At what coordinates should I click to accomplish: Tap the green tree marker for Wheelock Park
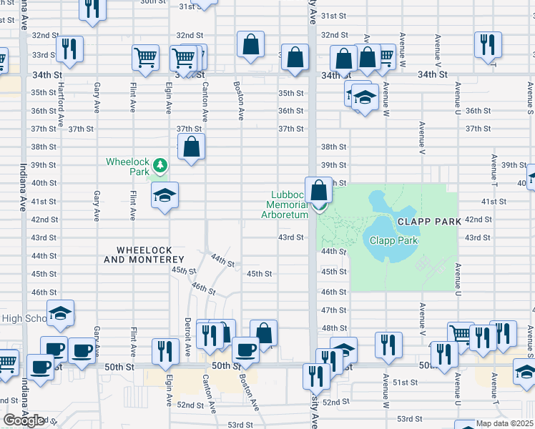click(162, 166)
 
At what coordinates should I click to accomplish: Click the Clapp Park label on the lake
click(393, 240)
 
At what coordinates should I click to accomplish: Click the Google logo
click(24, 420)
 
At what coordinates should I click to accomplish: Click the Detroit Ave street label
click(187, 331)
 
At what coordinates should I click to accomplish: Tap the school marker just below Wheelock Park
click(165, 195)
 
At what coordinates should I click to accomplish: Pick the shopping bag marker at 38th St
click(191, 147)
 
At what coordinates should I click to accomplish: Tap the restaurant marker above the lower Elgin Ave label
click(166, 350)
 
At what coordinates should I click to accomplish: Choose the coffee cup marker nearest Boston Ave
click(246, 349)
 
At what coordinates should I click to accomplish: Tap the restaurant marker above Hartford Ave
click(69, 49)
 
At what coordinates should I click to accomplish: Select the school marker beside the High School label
click(62, 312)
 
